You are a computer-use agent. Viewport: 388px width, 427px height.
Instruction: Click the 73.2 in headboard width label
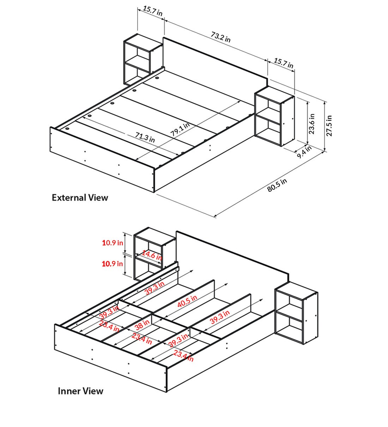click(220, 37)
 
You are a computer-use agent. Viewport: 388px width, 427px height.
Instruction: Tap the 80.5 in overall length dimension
click(277, 185)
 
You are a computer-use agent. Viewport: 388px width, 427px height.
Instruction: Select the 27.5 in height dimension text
click(329, 126)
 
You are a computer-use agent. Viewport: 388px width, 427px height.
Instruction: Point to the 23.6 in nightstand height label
click(312, 124)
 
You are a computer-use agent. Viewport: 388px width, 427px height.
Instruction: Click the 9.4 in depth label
click(304, 152)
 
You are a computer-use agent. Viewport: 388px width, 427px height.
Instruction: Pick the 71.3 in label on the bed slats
click(145, 137)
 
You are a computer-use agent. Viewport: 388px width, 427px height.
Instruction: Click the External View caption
click(80, 198)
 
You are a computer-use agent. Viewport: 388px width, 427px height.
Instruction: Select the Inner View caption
click(80, 391)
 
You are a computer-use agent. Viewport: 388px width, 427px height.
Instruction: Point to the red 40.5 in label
click(187, 301)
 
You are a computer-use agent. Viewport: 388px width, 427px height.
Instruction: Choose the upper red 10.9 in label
click(113, 243)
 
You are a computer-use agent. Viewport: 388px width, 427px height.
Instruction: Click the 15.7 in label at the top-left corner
click(152, 11)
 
